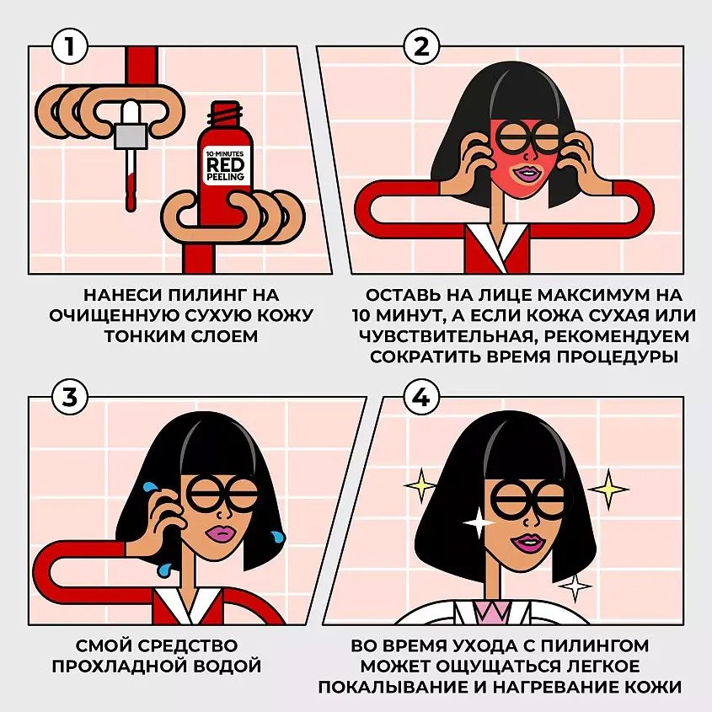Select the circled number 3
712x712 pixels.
click(69, 398)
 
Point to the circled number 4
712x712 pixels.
click(421, 398)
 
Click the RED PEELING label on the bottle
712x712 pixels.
click(225, 165)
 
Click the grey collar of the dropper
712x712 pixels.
click(131, 137)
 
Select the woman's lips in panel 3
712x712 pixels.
click(220, 533)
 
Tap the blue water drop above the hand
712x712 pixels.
click(150, 487)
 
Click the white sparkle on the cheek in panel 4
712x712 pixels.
click(478, 522)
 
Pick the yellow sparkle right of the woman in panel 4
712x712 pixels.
click(608, 489)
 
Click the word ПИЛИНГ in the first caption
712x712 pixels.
click(207, 295)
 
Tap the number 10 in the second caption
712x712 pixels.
click(362, 315)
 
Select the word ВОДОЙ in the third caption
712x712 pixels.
click(228, 666)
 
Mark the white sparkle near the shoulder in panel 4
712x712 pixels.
click(575, 586)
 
